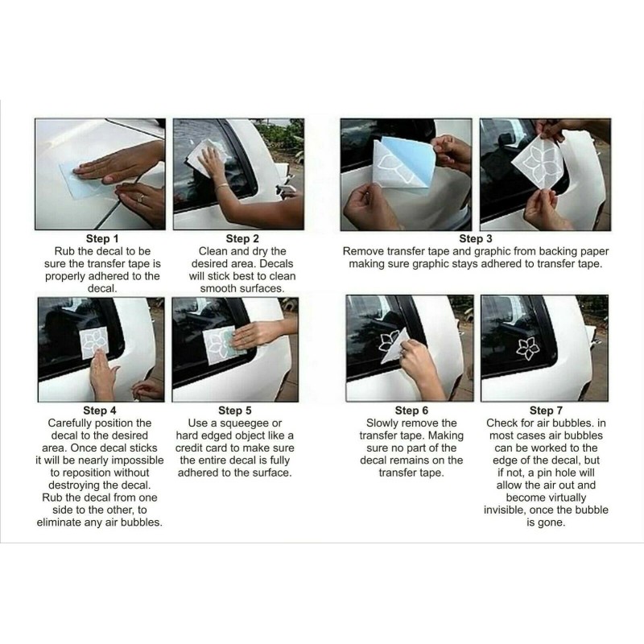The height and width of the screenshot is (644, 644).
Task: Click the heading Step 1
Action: (x=102, y=238)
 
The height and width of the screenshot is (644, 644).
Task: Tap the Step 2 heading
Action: (x=242, y=238)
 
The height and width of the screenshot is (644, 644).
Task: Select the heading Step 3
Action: (x=476, y=238)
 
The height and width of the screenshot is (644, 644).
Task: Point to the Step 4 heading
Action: (x=100, y=411)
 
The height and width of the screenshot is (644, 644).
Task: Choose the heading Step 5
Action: (x=235, y=411)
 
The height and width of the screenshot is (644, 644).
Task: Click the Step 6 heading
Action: (x=411, y=411)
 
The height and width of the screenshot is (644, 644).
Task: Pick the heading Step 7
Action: (x=546, y=411)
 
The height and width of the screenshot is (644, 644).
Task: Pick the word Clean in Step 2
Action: (x=213, y=251)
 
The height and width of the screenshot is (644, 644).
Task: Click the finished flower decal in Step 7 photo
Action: (x=528, y=349)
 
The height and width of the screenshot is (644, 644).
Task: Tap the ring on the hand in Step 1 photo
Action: (x=141, y=199)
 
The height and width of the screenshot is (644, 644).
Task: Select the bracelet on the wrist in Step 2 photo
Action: (x=222, y=187)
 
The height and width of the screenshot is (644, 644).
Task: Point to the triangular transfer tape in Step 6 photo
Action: (x=395, y=346)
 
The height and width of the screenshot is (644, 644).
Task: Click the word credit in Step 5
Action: (x=191, y=448)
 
